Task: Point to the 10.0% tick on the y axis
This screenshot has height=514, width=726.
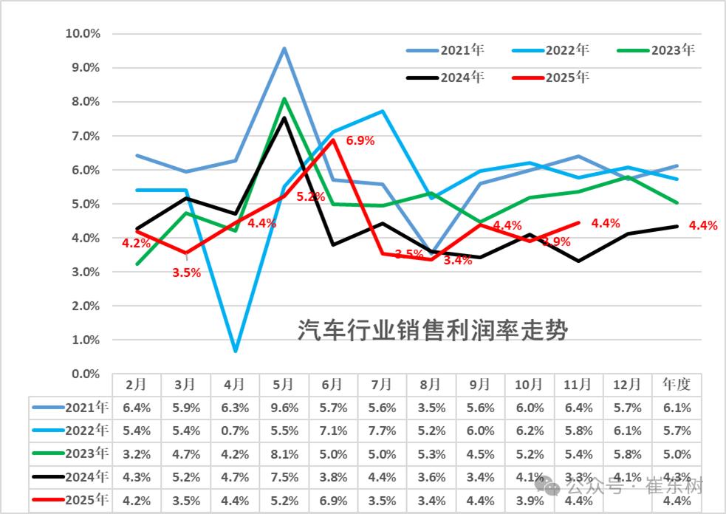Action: (x=83, y=33)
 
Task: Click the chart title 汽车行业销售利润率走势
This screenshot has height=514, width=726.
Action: (x=433, y=330)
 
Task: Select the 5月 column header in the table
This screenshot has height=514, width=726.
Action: (x=284, y=385)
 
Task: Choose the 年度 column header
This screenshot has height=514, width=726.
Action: (x=677, y=385)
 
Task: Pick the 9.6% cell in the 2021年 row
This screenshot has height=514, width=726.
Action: (x=284, y=408)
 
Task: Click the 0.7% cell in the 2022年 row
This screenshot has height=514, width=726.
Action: (x=235, y=431)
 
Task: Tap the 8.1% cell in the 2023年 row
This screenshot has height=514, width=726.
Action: (x=284, y=454)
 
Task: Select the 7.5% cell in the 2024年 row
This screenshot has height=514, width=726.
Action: (x=284, y=478)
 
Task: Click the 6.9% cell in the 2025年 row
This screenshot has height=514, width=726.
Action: (x=333, y=501)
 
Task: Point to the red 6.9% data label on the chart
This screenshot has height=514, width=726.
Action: (x=360, y=140)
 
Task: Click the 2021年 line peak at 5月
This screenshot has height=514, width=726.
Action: (x=284, y=49)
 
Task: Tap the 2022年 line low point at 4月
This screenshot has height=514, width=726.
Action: (x=235, y=350)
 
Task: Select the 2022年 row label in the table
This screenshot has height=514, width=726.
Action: (x=70, y=431)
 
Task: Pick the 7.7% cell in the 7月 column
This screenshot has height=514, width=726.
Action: (x=382, y=431)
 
